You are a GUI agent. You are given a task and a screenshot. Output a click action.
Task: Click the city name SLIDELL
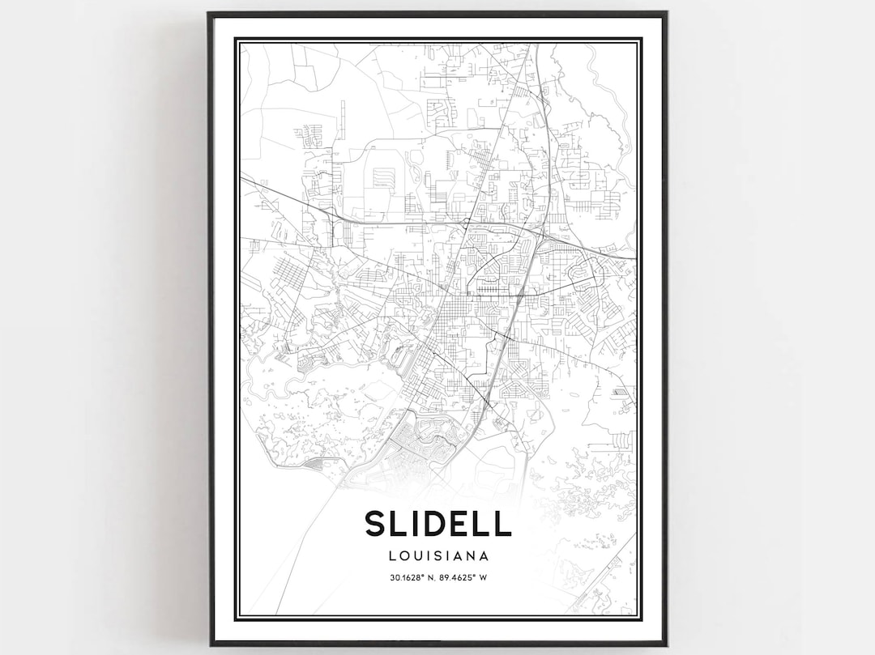[x=437, y=523]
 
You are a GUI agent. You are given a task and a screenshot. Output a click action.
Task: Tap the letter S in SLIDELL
[x=376, y=523]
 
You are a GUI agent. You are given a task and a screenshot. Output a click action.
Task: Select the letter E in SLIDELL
[x=471, y=523]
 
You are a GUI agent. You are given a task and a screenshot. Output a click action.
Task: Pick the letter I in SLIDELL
[x=420, y=523]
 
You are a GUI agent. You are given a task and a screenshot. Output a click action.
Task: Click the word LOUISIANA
[x=437, y=556]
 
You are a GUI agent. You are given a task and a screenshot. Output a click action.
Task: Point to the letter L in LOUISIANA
[x=391, y=556]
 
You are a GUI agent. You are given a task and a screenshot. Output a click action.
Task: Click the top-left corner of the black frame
[x=209, y=13]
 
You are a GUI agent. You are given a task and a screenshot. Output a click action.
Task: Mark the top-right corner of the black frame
[x=666, y=13]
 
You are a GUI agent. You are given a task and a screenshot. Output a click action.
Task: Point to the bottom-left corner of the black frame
[x=211, y=644]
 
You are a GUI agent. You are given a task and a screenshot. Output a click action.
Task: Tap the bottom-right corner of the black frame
[x=666, y=644]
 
